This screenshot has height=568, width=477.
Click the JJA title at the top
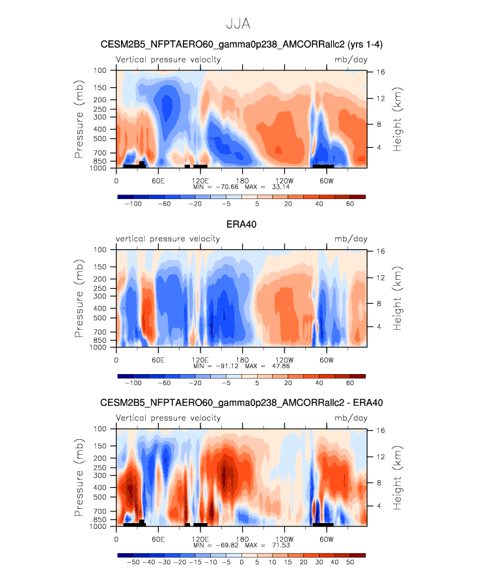click(x=238, y=23)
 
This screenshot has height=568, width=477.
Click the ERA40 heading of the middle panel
click(x=241, y=224)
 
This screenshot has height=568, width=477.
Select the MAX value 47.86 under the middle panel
click(x=280, y=366)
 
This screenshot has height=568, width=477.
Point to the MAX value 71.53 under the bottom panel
click(x=280, y=545)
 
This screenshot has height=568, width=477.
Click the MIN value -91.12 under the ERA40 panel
click(x=227, y=366)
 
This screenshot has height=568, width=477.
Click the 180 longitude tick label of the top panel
click(x=242, y=181)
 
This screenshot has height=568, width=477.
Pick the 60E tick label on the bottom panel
click(x=158, y=539)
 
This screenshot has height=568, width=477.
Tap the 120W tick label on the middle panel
click(x=284, y=360)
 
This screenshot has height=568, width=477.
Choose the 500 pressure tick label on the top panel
click(x=100, y=139)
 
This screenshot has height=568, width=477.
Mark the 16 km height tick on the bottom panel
click(x=380, y=430)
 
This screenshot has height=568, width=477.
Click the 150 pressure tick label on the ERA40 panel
click(x=100, y=267)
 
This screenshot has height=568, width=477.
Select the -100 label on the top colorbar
click(x=133, y=204)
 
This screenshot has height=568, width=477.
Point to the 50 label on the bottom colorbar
click(x=350, y=562)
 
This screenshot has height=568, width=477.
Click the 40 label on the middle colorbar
click(x=319, y=383)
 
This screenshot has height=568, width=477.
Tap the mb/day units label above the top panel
click(x=351, y=60)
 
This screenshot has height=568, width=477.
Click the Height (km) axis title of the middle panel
click(x=398, y=299)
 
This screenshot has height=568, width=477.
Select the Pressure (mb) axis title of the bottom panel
click(x=79, y=478)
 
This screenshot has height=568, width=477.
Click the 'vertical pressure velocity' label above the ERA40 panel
click(x=168, y=239)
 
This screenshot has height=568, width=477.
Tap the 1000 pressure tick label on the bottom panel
click(x=98, y=526)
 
